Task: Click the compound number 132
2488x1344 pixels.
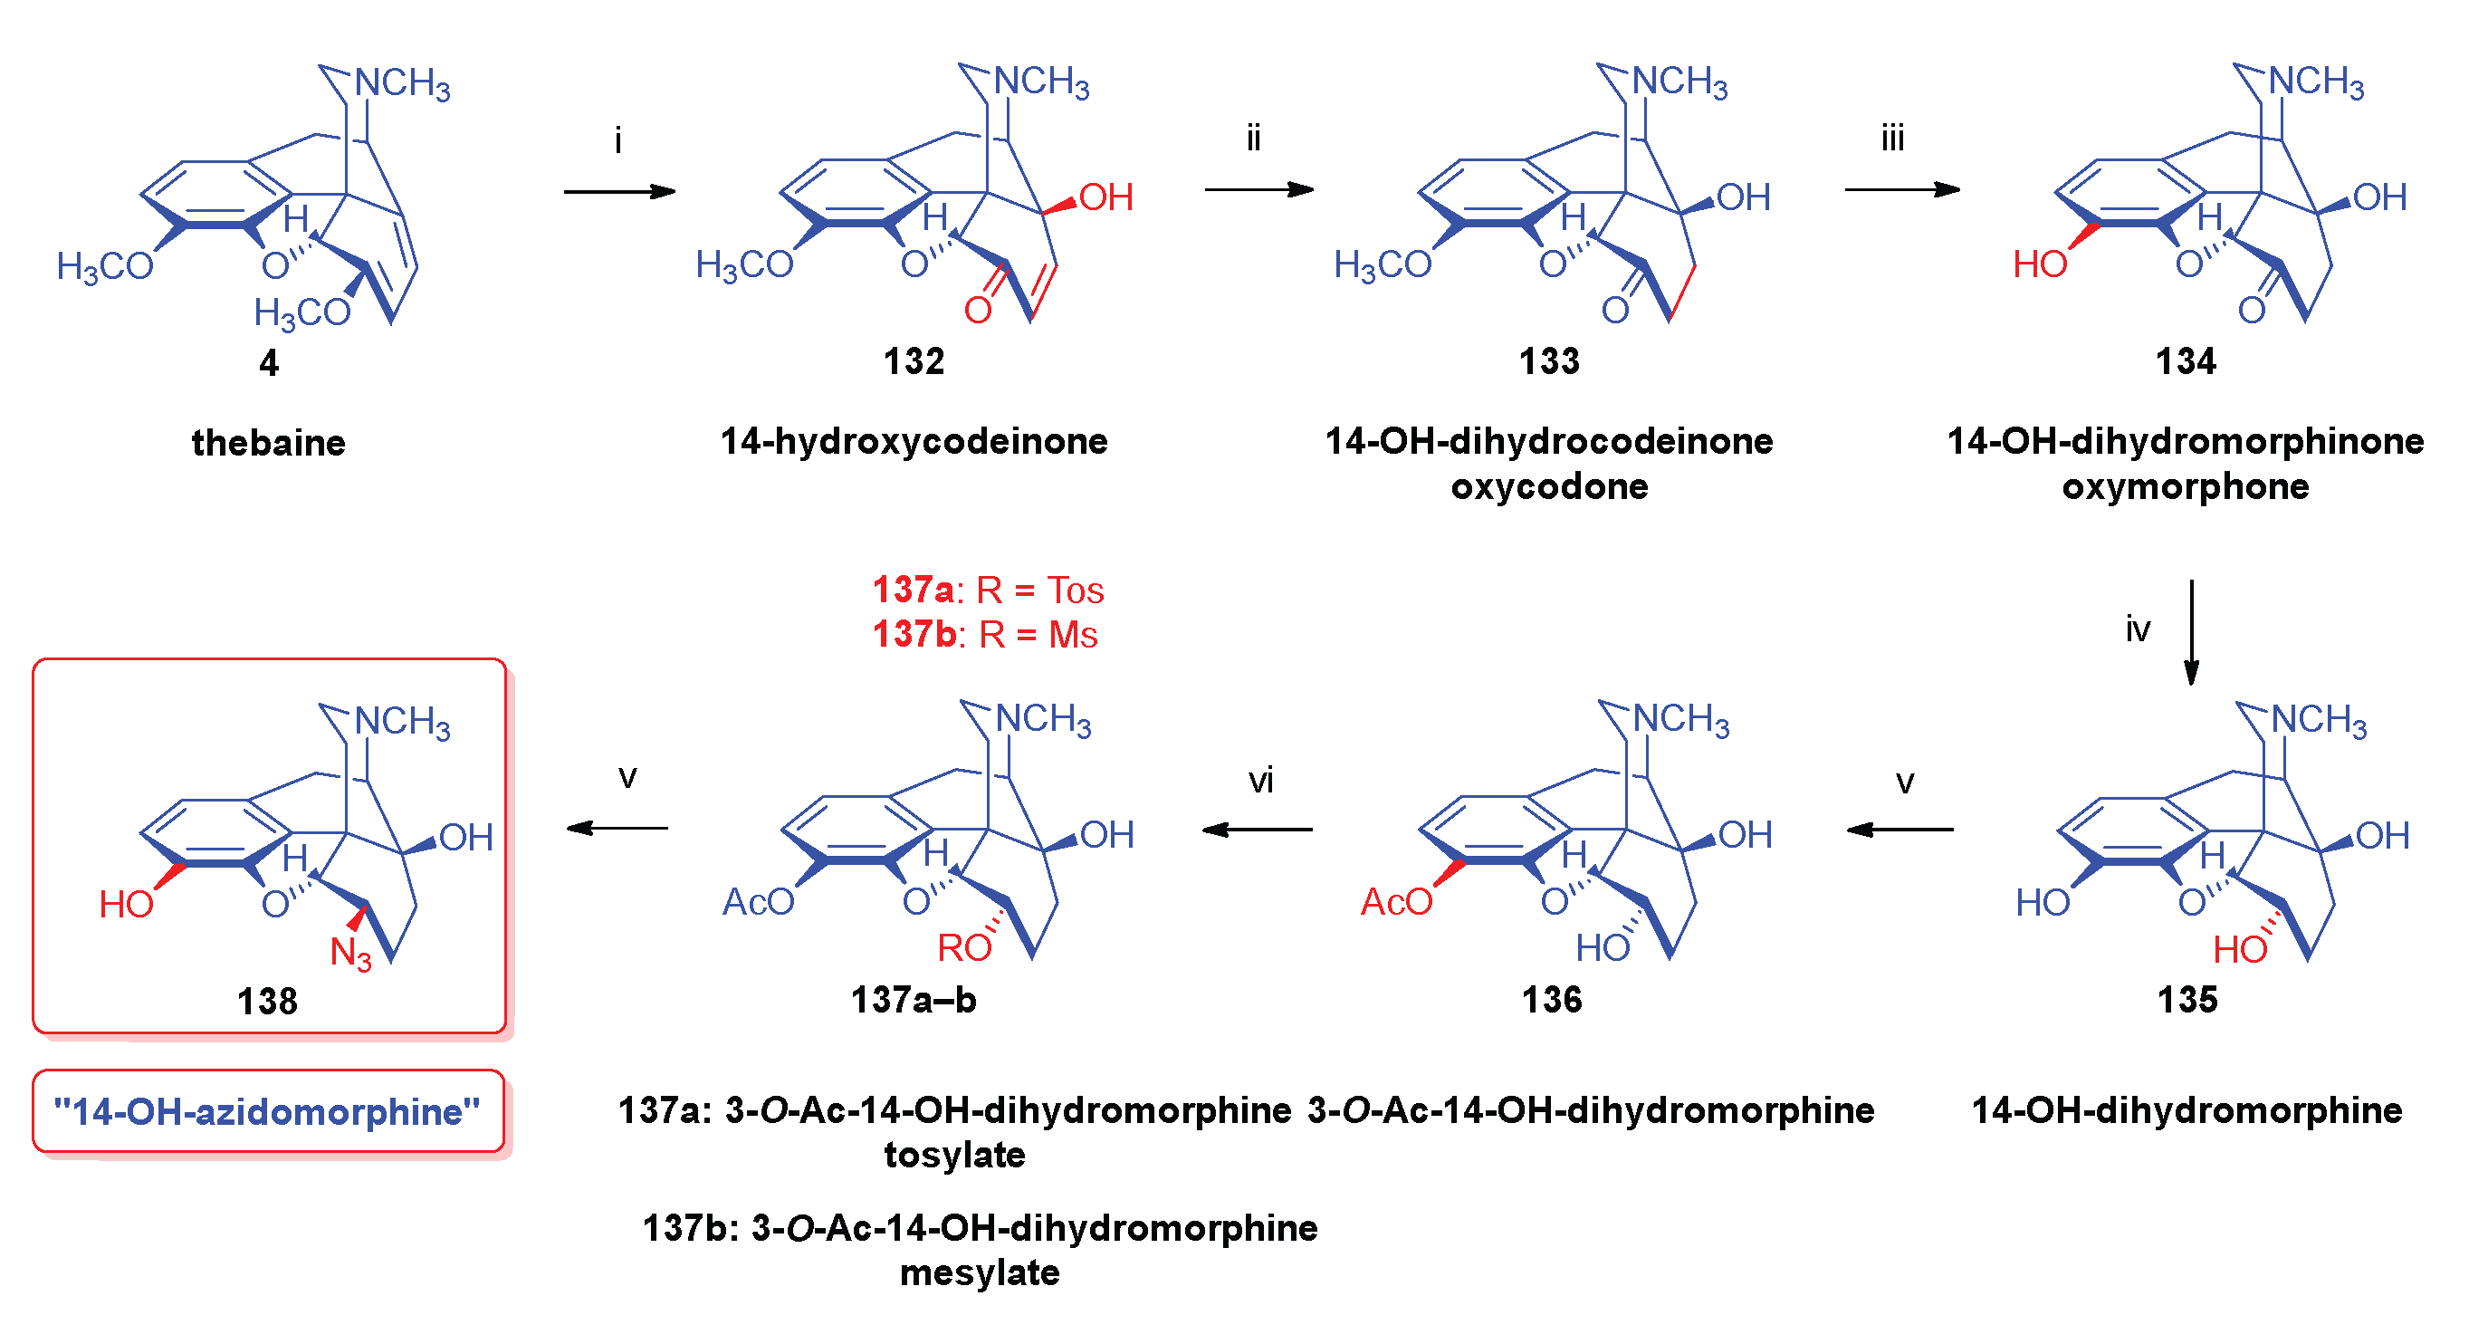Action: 913,361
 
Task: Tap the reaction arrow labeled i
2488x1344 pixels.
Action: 619,191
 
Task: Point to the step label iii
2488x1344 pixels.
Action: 1892,139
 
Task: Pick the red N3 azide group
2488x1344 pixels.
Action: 350,954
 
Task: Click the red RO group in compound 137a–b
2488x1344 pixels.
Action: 964,948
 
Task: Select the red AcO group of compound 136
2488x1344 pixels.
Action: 1395,901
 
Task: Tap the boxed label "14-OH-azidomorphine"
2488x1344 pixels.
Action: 267,1111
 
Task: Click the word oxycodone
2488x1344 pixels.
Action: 1549,486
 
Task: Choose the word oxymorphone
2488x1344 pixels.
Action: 2185,486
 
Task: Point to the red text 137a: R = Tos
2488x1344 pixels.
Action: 987,590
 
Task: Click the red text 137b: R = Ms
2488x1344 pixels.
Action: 984,635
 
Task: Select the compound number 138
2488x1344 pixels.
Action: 266,1001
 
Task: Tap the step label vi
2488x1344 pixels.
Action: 1260,781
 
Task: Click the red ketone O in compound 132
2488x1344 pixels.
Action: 978,310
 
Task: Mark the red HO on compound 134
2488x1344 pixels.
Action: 2039,264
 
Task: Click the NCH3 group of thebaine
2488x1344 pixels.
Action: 402,83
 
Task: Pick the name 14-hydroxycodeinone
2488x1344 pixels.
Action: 914,442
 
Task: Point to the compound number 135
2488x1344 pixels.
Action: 2187,999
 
